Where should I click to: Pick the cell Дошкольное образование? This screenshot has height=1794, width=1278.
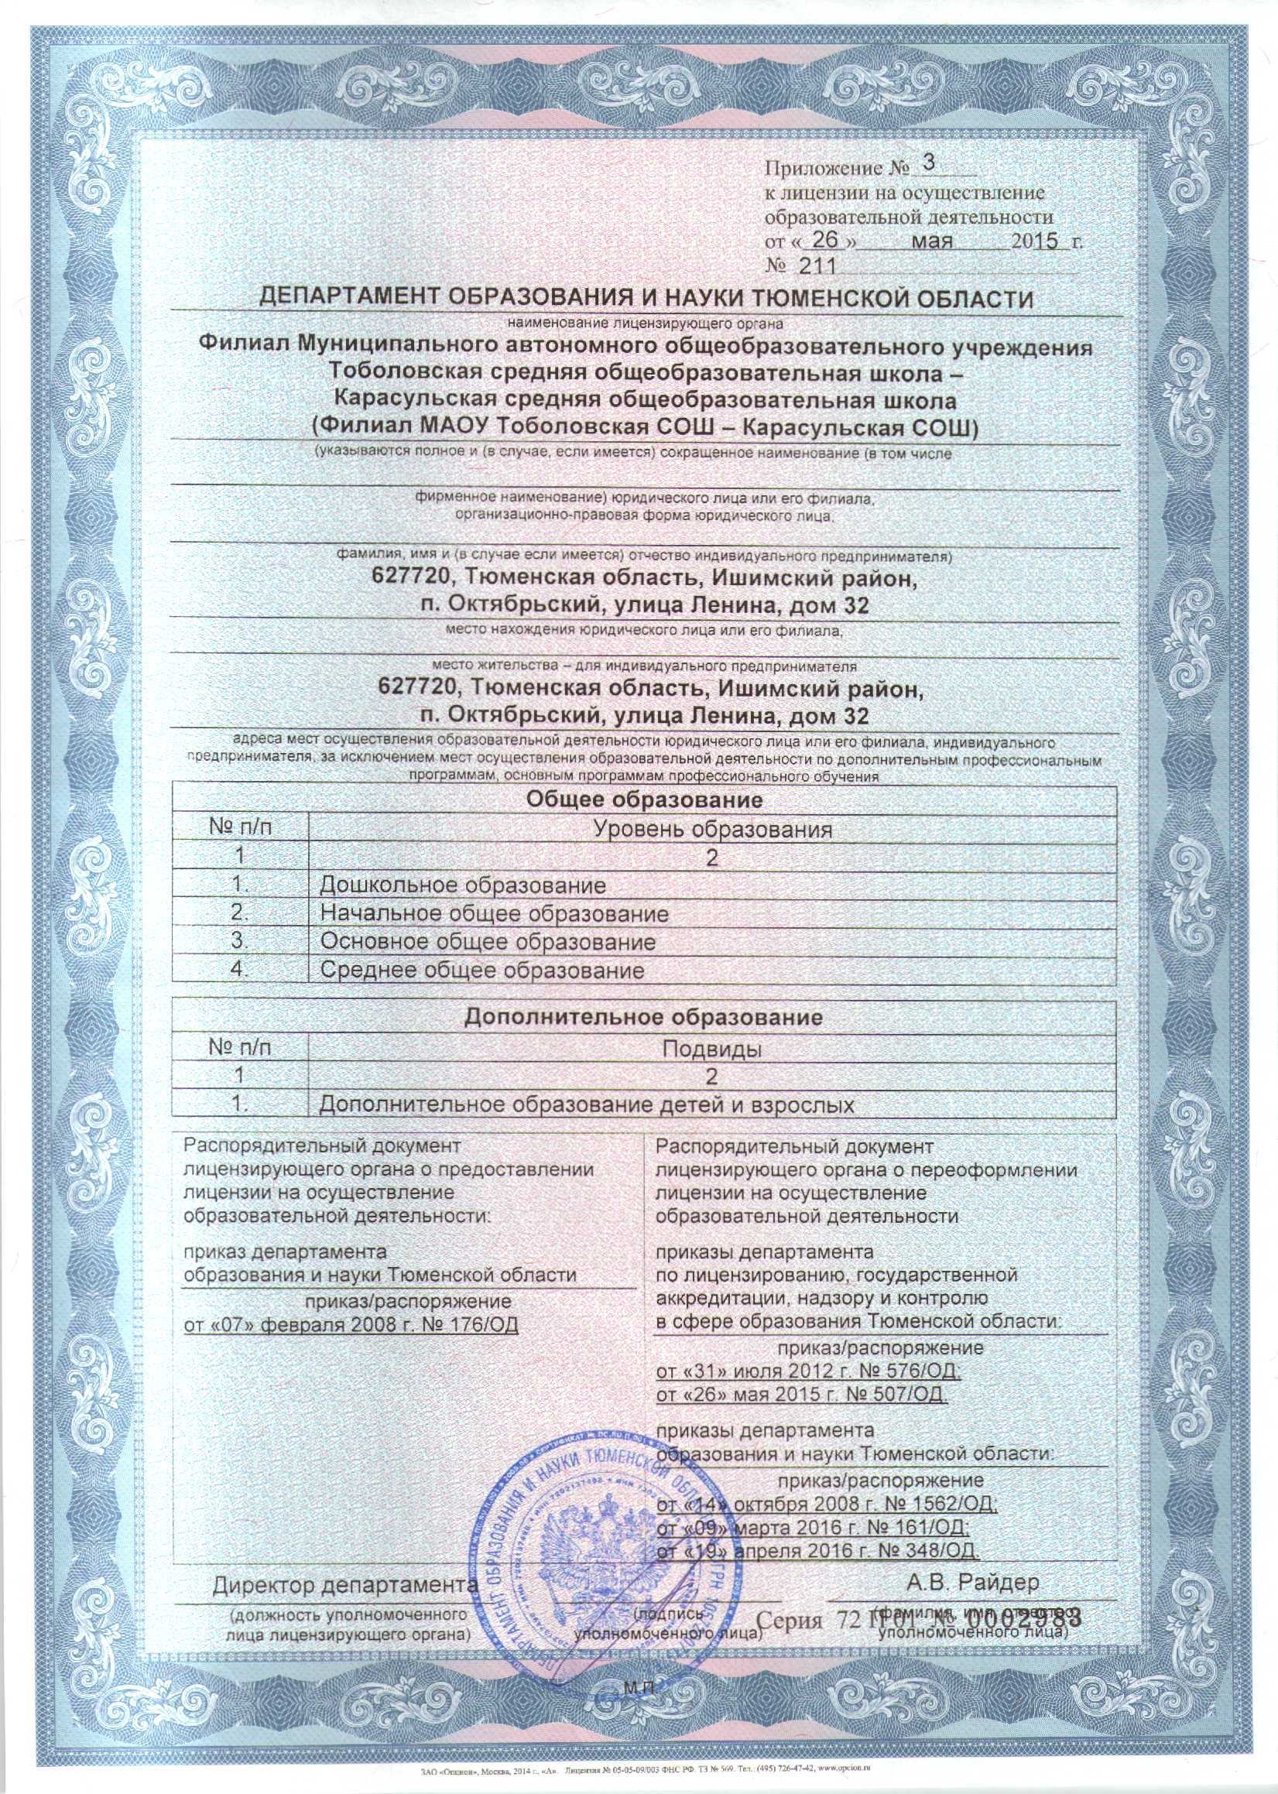(463, 885)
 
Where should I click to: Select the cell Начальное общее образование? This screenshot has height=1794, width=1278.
(494, 913)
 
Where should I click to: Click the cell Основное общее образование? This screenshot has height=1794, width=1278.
(488, 941)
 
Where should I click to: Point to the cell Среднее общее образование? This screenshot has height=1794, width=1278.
(481, 970)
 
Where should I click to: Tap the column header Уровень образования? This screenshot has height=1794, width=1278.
(712, 829)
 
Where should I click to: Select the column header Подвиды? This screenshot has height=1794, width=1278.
(711, 1049)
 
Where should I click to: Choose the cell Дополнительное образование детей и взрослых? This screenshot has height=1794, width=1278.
(586, 1104)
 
